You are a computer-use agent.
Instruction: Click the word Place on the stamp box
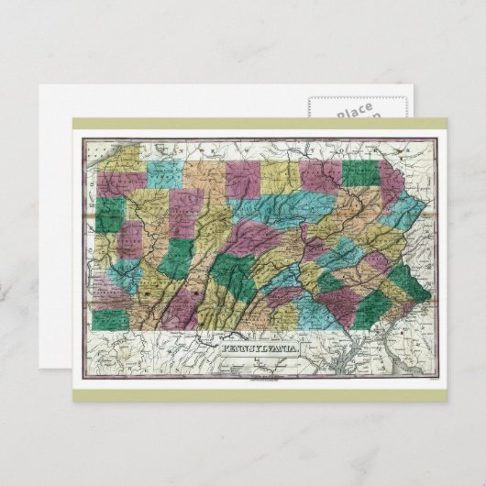[x=353, y=112]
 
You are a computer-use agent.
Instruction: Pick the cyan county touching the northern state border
[x=163, y=171]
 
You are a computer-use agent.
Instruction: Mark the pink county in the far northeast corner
[x=392, y=183]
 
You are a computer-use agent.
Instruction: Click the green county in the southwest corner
[x=109, y=318]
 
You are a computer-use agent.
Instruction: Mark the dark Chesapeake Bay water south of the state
[x=367, y=362]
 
